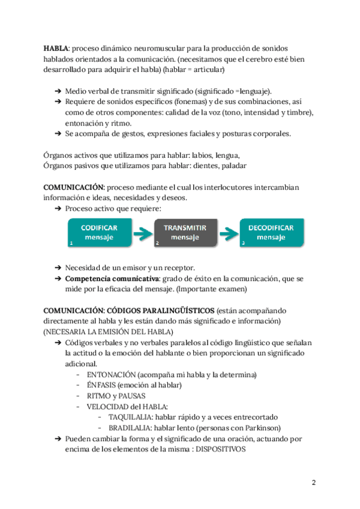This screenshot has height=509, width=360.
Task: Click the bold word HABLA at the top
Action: click(x=56, y=48)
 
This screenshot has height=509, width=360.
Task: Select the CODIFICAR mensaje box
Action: click(x=99, y=233)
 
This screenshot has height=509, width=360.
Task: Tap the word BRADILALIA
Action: click(x=127, y=428)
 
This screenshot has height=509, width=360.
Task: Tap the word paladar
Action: click(x=234, y=165)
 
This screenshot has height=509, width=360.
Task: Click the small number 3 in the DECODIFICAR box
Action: click(x=243, y=244)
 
